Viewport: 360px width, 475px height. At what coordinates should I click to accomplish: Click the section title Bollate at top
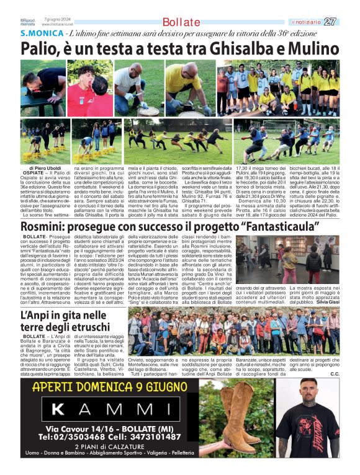tap(181, 22)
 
